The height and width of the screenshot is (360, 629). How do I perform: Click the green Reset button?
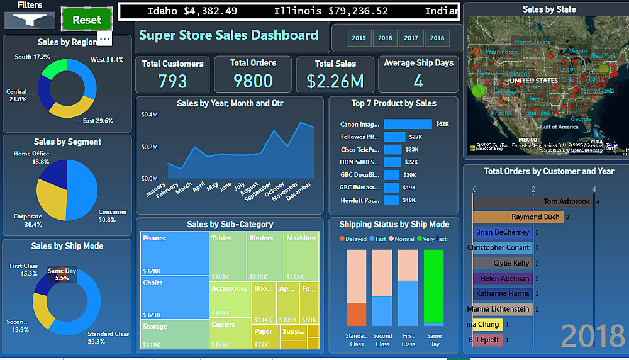click(x=87, y=20)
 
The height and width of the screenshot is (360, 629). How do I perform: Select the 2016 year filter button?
click(x=385, y=38)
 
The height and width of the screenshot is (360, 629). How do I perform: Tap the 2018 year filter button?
click(x=437, y=38)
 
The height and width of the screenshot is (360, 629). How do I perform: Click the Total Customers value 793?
click(x=172, y=81)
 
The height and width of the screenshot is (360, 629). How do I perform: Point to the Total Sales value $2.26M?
click(x=335, y=81)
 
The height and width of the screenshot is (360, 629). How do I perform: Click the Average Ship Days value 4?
click(x=418, y=81)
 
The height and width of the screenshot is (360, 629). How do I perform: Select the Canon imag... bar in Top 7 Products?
click(x=408, y=124)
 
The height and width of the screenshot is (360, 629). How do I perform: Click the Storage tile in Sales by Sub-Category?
click(x=174, y=334)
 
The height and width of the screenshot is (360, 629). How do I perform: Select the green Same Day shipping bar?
click(x=433, y=286)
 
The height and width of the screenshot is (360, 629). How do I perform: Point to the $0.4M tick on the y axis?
click(x=150, y=115)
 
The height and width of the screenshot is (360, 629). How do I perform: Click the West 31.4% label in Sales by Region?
click(x=107, y=60)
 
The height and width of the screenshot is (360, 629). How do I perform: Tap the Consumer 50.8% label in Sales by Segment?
click(x=113, y=216)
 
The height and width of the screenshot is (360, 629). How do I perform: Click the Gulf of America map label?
click(x=559, y=127)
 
